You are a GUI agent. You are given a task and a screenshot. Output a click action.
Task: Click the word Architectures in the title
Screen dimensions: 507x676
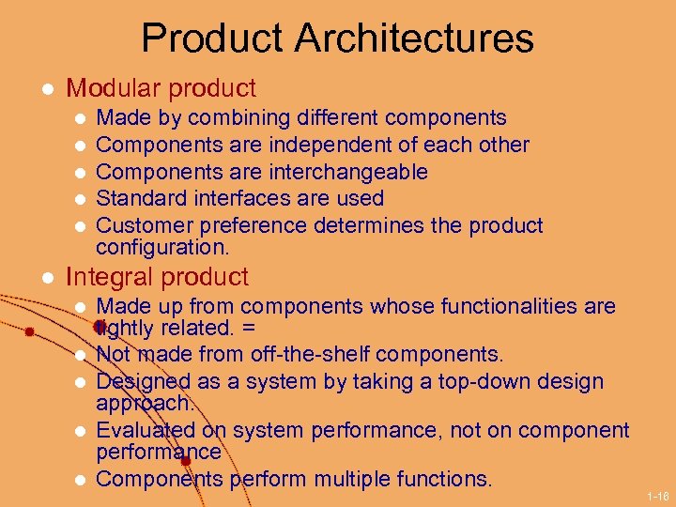point(414,38)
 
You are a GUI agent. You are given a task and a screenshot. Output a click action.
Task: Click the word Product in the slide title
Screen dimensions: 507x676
point(211,38)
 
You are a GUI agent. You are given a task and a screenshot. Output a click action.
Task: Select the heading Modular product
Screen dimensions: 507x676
point(161,88)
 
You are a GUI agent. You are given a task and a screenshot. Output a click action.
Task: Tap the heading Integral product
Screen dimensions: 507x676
point(157,277)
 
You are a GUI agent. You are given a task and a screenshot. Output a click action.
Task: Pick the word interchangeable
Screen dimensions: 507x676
point(348,172)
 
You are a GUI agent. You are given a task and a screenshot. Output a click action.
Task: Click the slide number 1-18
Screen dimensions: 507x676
point(658,494)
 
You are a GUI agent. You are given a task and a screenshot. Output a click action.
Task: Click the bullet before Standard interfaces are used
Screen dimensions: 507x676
point(81,199)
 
